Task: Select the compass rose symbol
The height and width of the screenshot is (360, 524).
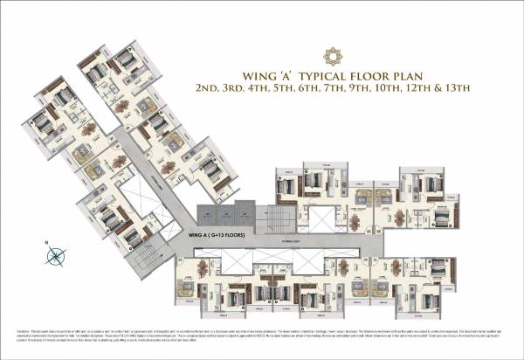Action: coord(57,256)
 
